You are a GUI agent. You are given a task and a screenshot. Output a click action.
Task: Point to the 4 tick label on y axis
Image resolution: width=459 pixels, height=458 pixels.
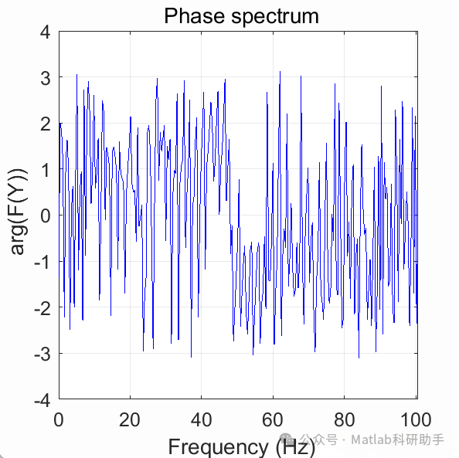point(45,32)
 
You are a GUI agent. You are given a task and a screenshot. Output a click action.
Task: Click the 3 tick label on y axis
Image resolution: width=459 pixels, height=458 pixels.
point(45,78)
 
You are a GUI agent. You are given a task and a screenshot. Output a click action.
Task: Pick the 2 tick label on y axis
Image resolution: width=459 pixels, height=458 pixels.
point(45,124)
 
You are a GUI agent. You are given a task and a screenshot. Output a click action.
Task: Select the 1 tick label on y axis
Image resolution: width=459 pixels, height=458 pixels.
point(45,170)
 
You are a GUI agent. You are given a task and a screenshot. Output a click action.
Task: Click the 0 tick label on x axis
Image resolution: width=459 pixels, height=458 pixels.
point(59,420)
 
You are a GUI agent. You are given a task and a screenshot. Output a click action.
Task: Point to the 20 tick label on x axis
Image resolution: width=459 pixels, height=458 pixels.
point(130,420)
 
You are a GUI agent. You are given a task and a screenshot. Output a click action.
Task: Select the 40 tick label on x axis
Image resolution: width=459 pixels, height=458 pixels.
point(202,420)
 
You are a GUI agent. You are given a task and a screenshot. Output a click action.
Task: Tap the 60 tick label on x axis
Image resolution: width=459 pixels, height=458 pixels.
point(273,420)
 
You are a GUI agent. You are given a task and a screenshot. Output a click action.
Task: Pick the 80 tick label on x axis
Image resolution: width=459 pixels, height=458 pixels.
point(345,420)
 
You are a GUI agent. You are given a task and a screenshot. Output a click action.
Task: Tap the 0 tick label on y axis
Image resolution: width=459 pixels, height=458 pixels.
point(45,216)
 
